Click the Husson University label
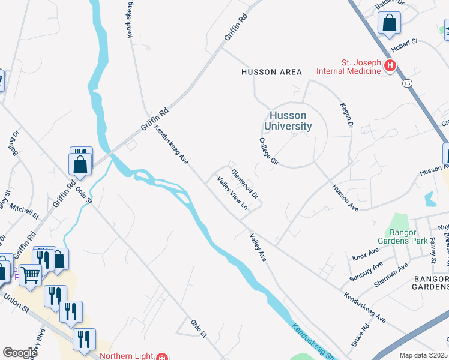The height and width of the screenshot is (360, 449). coord(288,121)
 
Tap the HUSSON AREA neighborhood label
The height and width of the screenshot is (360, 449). coord(271,72)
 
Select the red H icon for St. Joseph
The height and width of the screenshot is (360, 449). coord(390,66)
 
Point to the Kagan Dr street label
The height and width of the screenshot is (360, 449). coord(347,114)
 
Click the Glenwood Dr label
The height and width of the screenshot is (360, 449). coord(245,184)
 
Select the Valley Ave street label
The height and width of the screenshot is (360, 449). coord(258,247)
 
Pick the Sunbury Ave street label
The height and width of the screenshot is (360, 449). coord(366,272)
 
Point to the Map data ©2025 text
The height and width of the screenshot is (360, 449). coord(423,355)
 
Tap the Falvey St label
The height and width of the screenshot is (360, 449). coord(433,250)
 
